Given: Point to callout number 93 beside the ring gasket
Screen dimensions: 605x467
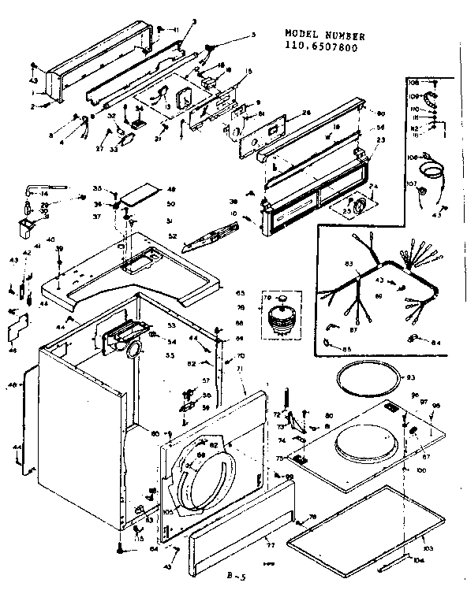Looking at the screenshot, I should [409, 378].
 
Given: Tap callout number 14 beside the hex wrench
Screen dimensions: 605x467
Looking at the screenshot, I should [44, 193].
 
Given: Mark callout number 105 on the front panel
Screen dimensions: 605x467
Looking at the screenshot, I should [167, 511].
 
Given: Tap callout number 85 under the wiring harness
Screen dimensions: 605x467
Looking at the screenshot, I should [346, 348].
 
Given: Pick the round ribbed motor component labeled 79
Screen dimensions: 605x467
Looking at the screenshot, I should [278, 314].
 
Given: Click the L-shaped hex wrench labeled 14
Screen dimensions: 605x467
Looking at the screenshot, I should [31, 187].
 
